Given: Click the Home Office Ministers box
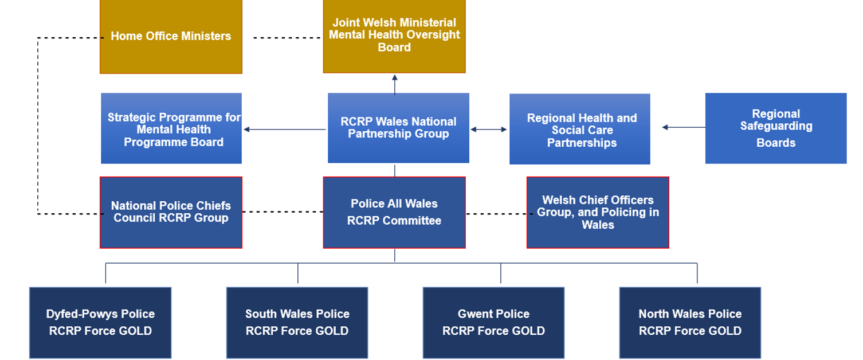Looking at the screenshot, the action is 171,36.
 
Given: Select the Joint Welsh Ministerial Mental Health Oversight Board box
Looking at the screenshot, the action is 394,36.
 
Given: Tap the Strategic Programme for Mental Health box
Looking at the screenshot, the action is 171,128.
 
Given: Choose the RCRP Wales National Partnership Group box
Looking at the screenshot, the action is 398,128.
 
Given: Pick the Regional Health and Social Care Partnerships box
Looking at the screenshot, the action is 580,129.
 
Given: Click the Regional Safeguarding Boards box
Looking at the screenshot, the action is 776,128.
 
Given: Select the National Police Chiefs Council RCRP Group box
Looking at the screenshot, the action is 171,212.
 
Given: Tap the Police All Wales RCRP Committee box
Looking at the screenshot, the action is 394,212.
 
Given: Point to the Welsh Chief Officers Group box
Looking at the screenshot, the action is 598,212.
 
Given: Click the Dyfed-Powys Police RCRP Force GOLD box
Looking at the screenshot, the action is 100,323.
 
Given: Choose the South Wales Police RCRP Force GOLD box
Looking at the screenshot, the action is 297,323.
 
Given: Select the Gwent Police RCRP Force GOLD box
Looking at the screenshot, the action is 493,323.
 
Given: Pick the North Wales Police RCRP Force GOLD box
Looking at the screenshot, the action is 690,323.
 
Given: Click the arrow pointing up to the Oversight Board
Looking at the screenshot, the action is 394,84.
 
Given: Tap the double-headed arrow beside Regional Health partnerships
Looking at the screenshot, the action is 489,130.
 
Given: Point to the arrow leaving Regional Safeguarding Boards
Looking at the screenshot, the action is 684,127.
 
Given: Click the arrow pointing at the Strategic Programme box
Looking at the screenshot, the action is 285,130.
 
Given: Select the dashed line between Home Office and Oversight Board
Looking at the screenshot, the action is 287,38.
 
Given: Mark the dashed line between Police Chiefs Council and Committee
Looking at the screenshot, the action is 283,212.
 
